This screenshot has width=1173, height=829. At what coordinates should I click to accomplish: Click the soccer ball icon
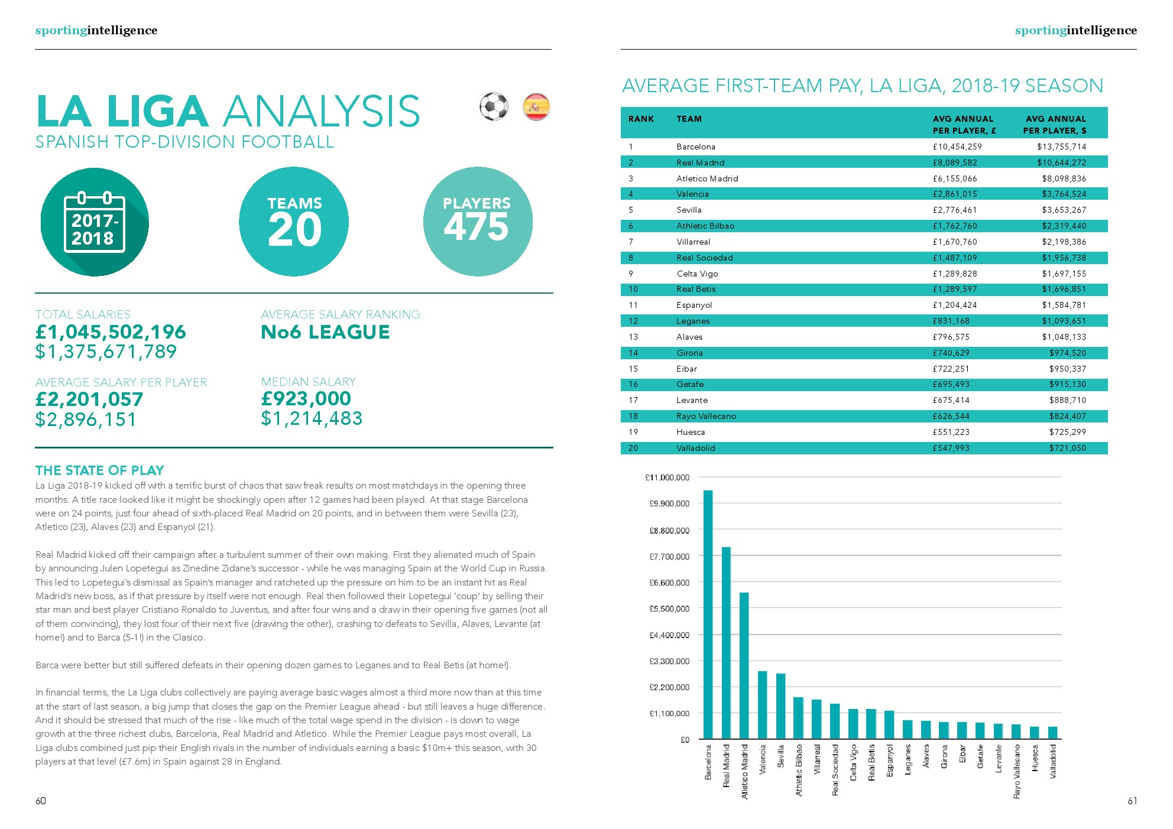(x=494, y=107)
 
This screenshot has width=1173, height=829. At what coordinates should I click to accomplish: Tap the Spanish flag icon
(x=536, y=107)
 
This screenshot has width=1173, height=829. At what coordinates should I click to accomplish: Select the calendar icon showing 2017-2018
(x=95, y=222)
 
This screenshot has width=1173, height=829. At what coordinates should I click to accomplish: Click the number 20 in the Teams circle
(x=294, y=230)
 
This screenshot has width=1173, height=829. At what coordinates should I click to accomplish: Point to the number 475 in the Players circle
(x=477, y=227)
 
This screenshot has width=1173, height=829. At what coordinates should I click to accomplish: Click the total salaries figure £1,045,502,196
(x=111, y=332)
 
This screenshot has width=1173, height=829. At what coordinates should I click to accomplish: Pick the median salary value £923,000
(x=306, y=399)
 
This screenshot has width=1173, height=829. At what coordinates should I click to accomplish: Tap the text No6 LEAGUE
(x=325, y=332)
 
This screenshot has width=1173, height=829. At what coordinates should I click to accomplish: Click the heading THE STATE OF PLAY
(x=99, y=470)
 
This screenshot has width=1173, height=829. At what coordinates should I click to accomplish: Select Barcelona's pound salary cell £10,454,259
(x=957, y=147)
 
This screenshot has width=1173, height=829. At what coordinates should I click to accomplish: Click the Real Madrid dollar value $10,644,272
(x=1061, y=162)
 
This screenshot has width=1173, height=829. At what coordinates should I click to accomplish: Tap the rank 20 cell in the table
(x=633, y=448)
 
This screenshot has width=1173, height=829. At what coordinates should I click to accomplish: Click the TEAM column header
(x=689, y=119)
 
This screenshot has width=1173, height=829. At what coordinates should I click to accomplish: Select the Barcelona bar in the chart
(x=708, y=615)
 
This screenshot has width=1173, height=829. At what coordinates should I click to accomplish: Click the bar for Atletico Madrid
(x=744, y=665)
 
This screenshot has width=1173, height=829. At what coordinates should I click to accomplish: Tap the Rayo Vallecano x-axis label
(x=1017, y=772)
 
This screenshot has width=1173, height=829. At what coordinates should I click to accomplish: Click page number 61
(x=1132, y=801)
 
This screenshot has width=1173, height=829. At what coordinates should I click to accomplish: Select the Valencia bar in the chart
(x=763, y=705)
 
